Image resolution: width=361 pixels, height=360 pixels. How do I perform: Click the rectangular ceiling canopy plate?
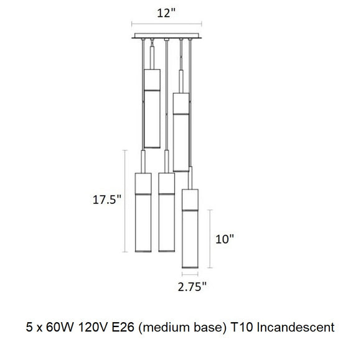point(167,37)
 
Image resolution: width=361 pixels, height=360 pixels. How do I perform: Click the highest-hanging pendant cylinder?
point(152,99)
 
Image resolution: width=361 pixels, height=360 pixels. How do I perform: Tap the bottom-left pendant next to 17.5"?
point(144,211)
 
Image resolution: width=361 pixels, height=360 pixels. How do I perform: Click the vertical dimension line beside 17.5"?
point(126,211)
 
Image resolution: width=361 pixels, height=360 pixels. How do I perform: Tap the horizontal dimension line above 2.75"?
point(190,272)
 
